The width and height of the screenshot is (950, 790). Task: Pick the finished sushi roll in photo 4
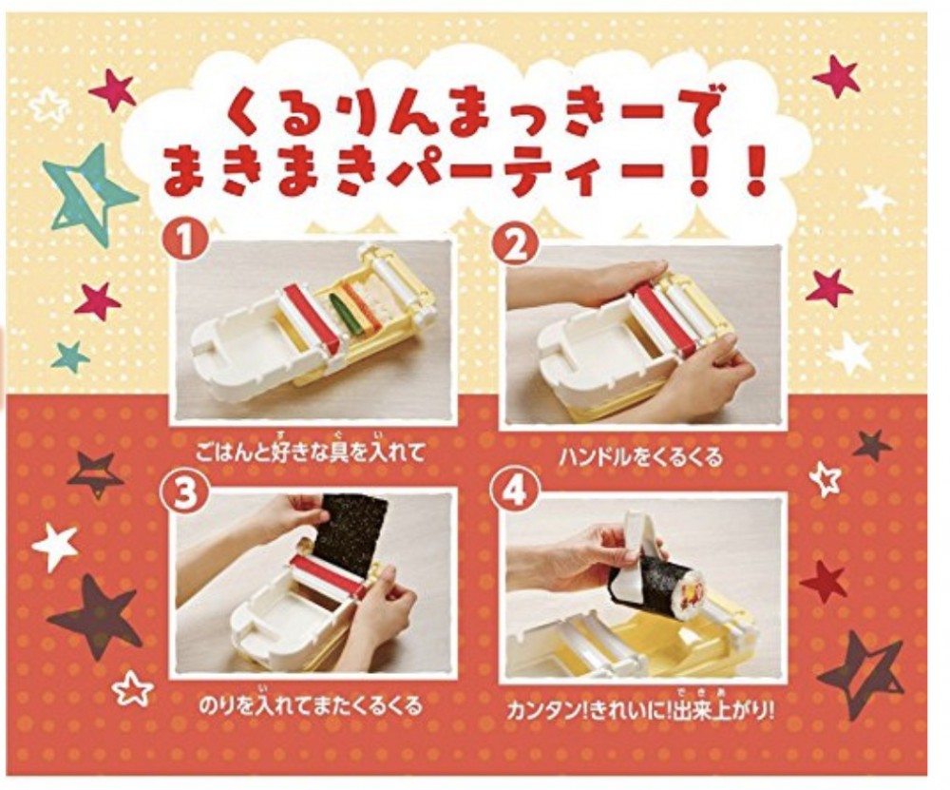tap(655, 581)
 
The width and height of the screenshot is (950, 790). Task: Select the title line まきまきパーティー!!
tap(465, 174)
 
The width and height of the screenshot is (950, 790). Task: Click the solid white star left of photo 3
tap(55, 546)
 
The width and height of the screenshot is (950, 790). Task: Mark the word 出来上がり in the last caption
tap(731, 708)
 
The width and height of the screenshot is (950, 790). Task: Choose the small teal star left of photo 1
tap(69, 356)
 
